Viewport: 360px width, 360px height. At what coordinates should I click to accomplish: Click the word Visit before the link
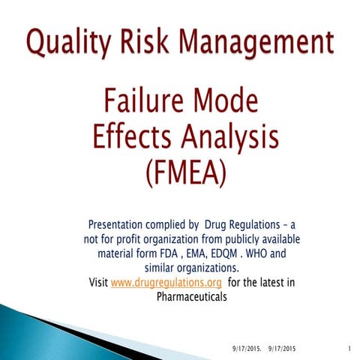98,282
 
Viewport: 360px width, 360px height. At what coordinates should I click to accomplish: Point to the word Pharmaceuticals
191,296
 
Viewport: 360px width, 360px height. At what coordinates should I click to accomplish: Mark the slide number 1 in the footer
350,348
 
